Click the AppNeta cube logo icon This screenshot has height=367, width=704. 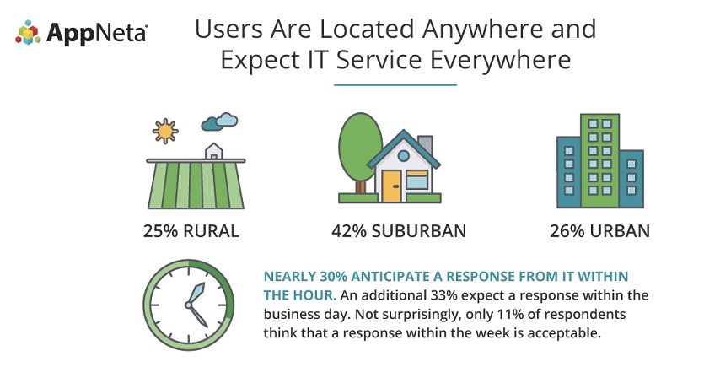click(28, 32)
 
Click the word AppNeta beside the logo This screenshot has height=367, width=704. click(96, 33)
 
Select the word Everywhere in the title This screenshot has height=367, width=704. click(500, 60)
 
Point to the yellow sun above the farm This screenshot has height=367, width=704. click(165, 131)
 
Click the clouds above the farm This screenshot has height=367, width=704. click(219, 121)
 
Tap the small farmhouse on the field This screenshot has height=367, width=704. click(213, 151)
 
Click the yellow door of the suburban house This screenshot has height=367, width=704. click(391, 186)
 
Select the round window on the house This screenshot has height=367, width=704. click(404, 156)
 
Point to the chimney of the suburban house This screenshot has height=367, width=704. click(425, 144)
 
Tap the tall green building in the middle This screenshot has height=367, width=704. click(599, 160)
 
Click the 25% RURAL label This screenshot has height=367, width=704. click(191, 231)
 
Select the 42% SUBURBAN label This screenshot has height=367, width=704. click(399, 231)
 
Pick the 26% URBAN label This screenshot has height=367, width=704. click(599, 231)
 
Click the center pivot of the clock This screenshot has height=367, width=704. click(189, 305)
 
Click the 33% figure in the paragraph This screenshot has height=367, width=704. click(443, 295)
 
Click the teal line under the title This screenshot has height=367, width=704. click(395, 84)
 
